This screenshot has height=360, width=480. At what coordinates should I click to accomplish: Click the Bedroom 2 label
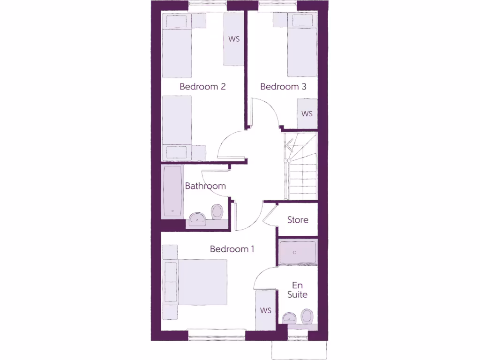pyautogui.click(x=202, y=87)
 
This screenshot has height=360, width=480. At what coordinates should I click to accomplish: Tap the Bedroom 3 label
pyautogui.click(x=283, y=87)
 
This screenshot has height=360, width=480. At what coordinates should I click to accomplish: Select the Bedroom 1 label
pyautogui.click(x=232, y=249)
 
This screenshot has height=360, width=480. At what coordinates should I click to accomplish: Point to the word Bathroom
pyautogui.click(x=205, y=186)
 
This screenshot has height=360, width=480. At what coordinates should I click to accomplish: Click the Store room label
pyautogui.click(x=298, y=220)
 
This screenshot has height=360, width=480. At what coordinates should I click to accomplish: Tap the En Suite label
pyautogui.click(x=297, y=290)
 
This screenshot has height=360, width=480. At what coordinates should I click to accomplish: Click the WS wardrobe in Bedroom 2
pyautogui.click(x=234, y=39)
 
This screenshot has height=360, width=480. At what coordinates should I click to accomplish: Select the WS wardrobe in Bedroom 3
pyautogui.click(x=307, y=114)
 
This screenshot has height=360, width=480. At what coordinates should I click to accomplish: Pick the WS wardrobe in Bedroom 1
pyautogui.click(x=266, y=310)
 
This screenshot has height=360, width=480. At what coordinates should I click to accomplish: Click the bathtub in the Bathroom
pyautogui.click(x=172, y=191)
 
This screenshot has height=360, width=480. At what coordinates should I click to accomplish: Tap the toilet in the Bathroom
pyautogui.click(x=217, y=211)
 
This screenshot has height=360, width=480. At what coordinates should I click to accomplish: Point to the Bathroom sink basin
pyautogui.click(x=197, y=217)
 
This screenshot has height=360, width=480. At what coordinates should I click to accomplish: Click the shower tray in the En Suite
pyautogui.click(x=298, y=253)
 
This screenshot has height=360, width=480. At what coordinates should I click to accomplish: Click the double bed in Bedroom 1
pyautogui.click(x=202, y=283)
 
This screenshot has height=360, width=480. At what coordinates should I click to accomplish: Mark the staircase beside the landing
pyautogui.click(x=301, y=166)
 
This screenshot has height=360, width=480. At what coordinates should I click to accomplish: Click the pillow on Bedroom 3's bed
pyautogui.click(x=302, y=21)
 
